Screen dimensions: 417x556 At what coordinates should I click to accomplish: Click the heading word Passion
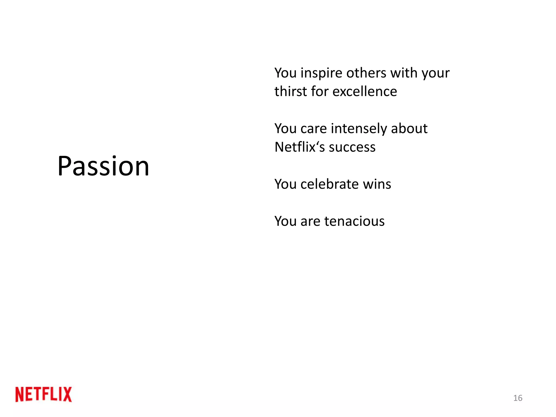coord(103,166)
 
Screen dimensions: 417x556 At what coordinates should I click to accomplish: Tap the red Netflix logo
coord(44,394)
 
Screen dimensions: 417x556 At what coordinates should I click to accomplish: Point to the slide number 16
coord(518,398)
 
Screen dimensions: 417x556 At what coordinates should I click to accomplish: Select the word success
coord(352,147)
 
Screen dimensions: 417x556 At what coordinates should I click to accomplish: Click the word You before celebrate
coord(285,184)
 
